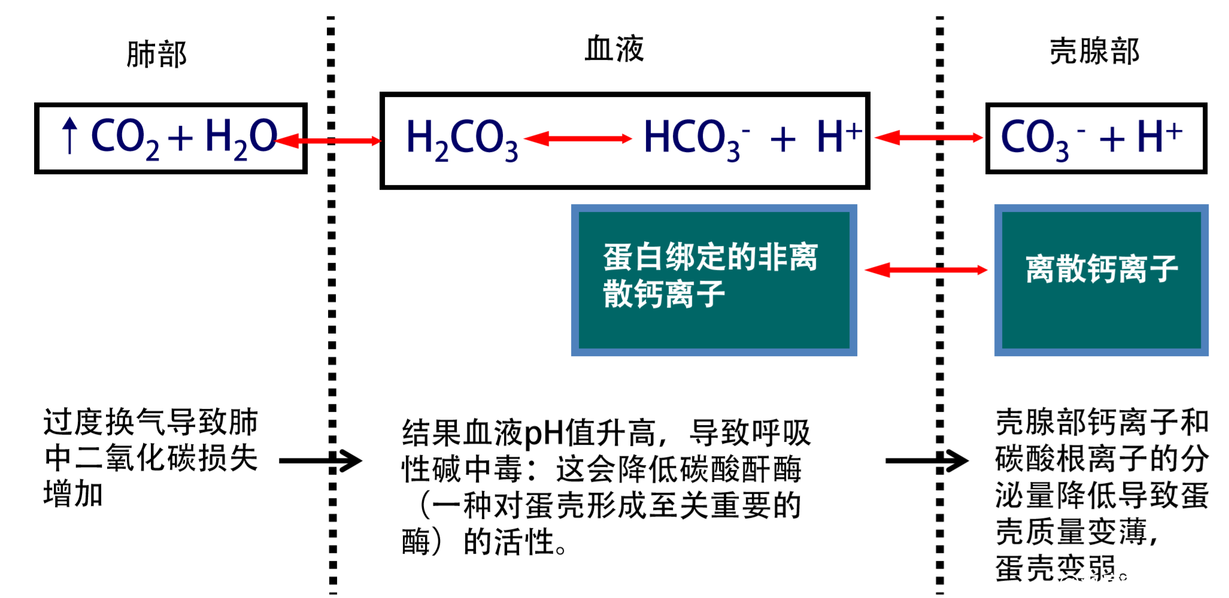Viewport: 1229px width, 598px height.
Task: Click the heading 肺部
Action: pyautogui.click(x=156, y=54)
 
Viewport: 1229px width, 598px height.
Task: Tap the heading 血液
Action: pyautogui.click(x=614, y=48)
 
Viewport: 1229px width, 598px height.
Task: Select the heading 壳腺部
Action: pyautogui.click(x=1094, y=51)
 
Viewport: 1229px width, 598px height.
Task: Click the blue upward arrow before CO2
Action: pyautogui.click(x=70, y=135)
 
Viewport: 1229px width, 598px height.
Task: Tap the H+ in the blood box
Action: pyautogui.click(x=839, y=136)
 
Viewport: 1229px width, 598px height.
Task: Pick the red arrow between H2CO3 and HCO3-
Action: pyautogui.click(x=578, y=139)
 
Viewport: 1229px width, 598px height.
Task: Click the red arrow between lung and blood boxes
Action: pyautogui.click(x=329, y=141)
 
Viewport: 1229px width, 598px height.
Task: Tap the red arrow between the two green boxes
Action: pyautogui.click(x=925, y=270)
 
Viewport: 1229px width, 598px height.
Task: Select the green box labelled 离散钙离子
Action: pyautogui.click(x=1101, y=280)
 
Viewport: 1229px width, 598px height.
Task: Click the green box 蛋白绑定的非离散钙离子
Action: pyautogui.click(x=714, y=280)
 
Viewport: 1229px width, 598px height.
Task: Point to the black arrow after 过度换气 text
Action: pyautogui.click(x=320, y=460)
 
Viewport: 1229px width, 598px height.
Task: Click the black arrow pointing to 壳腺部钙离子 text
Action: pyautogui.click(x=926, y=460)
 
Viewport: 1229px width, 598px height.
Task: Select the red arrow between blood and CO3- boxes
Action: pyautogui.click(x=928, y=138)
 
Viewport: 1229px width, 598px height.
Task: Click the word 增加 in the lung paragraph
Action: pyautogui.click(x=73, y=494)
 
